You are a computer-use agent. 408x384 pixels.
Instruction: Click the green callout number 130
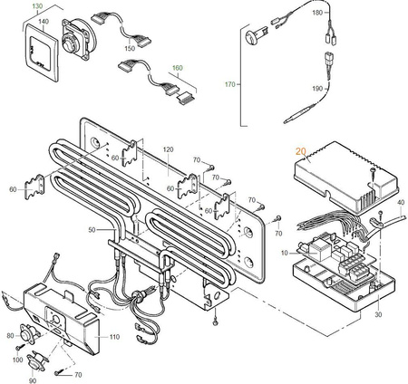[x=37, y=6]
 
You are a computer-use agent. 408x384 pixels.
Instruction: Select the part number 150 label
[x=130, y=47]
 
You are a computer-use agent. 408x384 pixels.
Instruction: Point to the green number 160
[x=177, y=67]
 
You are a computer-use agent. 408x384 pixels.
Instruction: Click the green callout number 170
[x=230, y=84]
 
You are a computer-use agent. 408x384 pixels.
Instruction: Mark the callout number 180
[x=342, y=14]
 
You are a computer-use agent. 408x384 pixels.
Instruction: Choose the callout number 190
[x=342, y=90]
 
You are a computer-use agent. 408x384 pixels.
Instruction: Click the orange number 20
[x=301, y=153]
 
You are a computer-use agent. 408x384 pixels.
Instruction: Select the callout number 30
[x=377, y=314]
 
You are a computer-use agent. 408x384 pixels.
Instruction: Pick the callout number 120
[x=167, y=148]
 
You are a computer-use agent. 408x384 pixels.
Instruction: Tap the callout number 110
[x=114, y=336]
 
